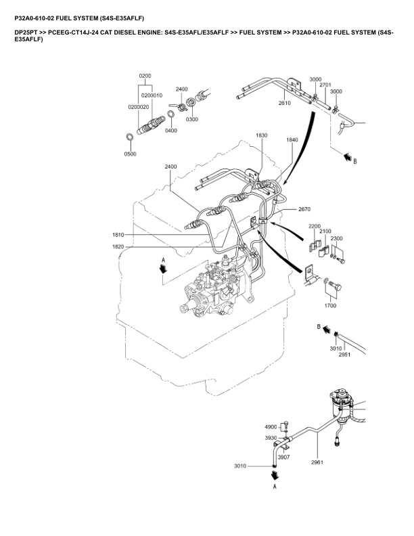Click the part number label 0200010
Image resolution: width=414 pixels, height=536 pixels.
tap(154, 95)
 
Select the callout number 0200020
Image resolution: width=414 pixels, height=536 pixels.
tap(139, 107)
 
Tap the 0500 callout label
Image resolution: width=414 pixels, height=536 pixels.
tap(130, 154)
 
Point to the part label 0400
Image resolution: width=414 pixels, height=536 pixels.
tap(170, 131)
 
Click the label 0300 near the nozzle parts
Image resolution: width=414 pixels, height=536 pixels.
tap(192, 119)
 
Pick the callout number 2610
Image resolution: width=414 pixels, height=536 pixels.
tap(284, 104)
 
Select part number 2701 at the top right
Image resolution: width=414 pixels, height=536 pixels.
tap(325, 85)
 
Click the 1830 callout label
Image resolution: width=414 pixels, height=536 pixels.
tap(262, 135)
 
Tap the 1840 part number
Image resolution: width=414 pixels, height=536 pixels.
tap(292, 139)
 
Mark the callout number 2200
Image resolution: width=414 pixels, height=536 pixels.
tap(315, 226)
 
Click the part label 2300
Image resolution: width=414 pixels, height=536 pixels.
tap(337, 238)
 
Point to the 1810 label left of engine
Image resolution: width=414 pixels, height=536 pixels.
tap(118, 235)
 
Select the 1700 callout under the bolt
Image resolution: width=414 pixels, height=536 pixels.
tap(330, 306)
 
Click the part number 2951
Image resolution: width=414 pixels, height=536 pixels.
tap(344, 354)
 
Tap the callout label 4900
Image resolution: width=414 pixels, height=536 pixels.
tap(271, 427)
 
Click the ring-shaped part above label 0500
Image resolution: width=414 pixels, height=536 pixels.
tap(129, 139)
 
